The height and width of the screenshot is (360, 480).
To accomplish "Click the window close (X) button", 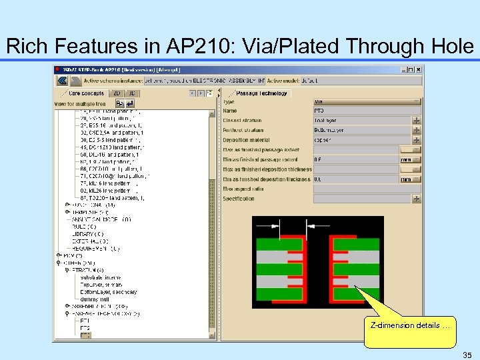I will tap(418, 69).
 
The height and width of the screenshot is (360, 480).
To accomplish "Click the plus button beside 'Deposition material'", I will tap(417, 140).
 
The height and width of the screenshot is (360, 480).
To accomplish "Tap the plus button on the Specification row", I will tap(417, 199).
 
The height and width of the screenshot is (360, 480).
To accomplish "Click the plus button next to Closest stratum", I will tap(417, 121).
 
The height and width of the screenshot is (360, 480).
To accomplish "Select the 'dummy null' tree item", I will tap(96, 299).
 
